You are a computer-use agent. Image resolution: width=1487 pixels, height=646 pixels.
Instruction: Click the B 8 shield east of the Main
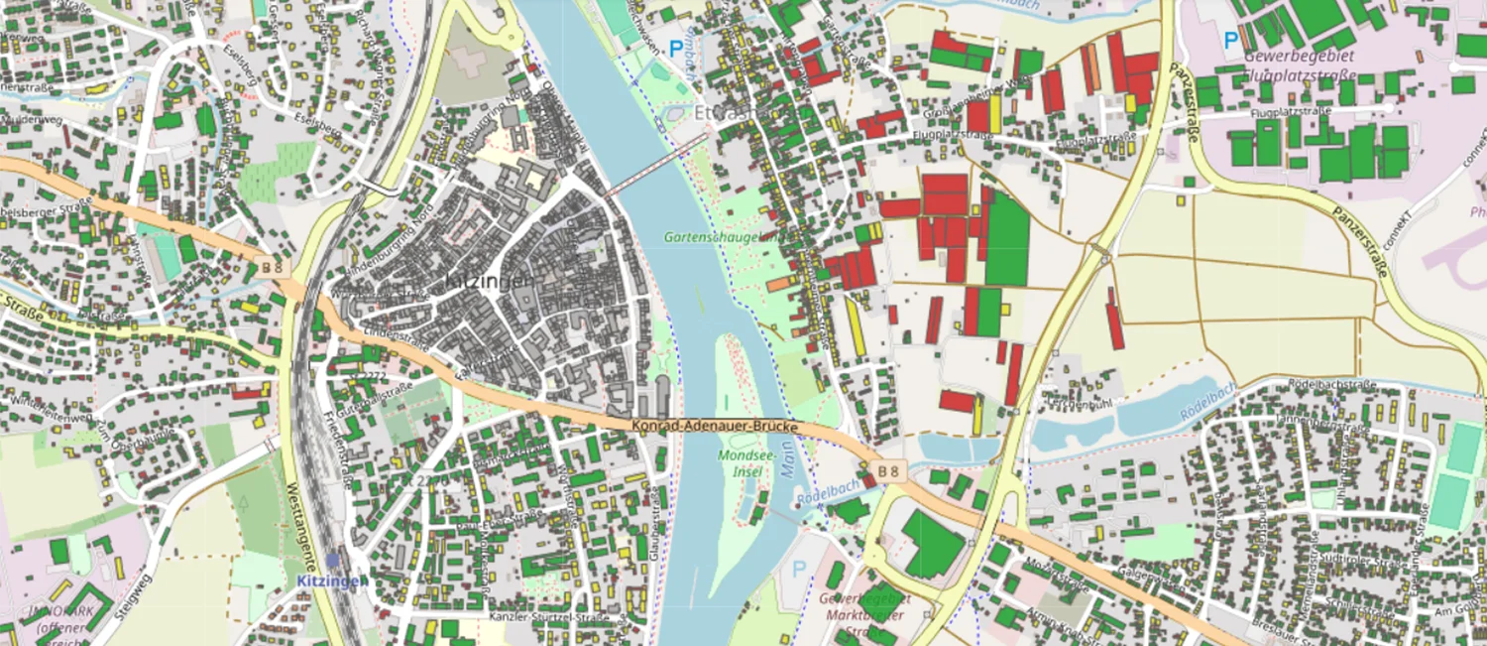pyautogui.click(x=892, y=469)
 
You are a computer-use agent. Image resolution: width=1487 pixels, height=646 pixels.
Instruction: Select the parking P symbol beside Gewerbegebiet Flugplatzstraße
pyautogui.click(x=1230, y=41)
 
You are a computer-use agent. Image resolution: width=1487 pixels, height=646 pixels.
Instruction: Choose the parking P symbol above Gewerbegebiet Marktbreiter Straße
pyautogui.click(x=798, y=570)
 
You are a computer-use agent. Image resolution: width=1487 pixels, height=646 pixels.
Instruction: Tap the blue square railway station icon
pyautogui.click(x=334, y=561)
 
